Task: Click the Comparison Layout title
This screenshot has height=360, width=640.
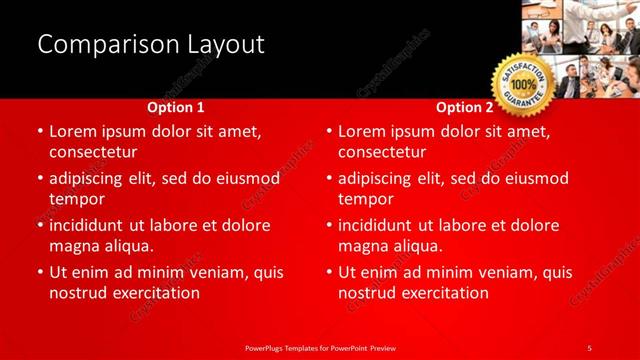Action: click(150, 44)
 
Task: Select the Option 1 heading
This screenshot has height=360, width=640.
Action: click(176, 107)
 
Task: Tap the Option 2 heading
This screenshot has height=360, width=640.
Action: click(465, 107)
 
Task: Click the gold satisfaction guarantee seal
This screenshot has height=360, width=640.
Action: click(522, 86)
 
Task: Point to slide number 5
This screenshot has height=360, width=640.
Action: click(589, 347)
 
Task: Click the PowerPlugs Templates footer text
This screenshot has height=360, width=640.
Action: click(320, 347)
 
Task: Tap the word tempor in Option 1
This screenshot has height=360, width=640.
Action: click(77, 198)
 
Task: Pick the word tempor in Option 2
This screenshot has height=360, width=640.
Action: click(366, 198)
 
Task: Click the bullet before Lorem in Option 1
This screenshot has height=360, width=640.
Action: click(39, 132)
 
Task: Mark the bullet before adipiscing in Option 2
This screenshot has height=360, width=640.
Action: click(328, 179)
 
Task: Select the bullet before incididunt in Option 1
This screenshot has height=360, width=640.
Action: click(39, 225)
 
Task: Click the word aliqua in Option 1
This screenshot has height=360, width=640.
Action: click(126, 246)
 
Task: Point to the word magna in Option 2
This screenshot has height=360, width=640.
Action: click(362, 246)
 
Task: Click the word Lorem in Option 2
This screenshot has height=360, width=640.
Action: click(362, 131)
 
